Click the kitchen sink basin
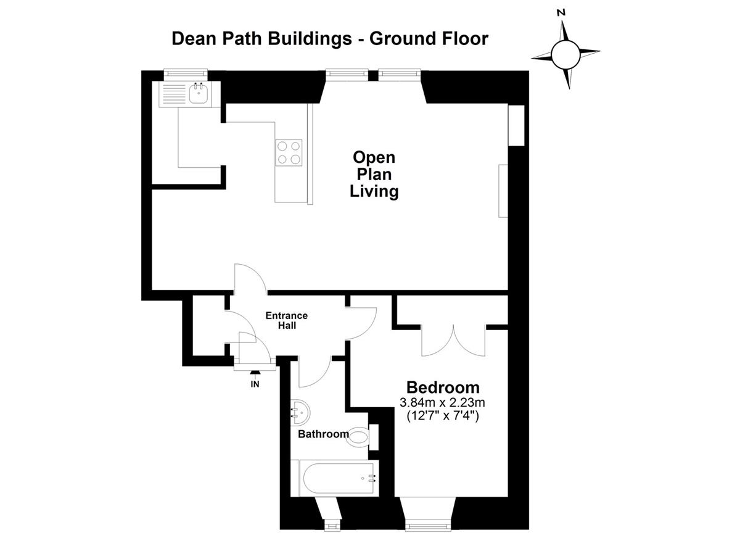pyautogui.click(x=198, y=94)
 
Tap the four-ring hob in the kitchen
pyautogui.click(x=289, y=152)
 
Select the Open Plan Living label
pyautogui.click(x=374, y=175)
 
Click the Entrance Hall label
pyautogui.click(x=286, y=320)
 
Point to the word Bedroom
pyautogui.click(x=443, y=387)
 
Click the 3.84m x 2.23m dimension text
pyautogui.click(x=442, y=402)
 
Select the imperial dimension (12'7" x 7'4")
pyautogui.click(x=442, y=415)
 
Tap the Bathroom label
pyautogui.click(x=323, y=434)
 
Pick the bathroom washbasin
pyautogui.click(x=301, y=413)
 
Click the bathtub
pyautogui.click(x=340, y=478)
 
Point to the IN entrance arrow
pyautogui.click(x=255, y=372)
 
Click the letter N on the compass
pyautogui.click(x=561, y=12)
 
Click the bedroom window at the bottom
pyautogui.click(x=428, y=526)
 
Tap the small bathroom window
pyautogui.click(x=332, y=526)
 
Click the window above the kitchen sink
pyautogui.click(x=186, y=75)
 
